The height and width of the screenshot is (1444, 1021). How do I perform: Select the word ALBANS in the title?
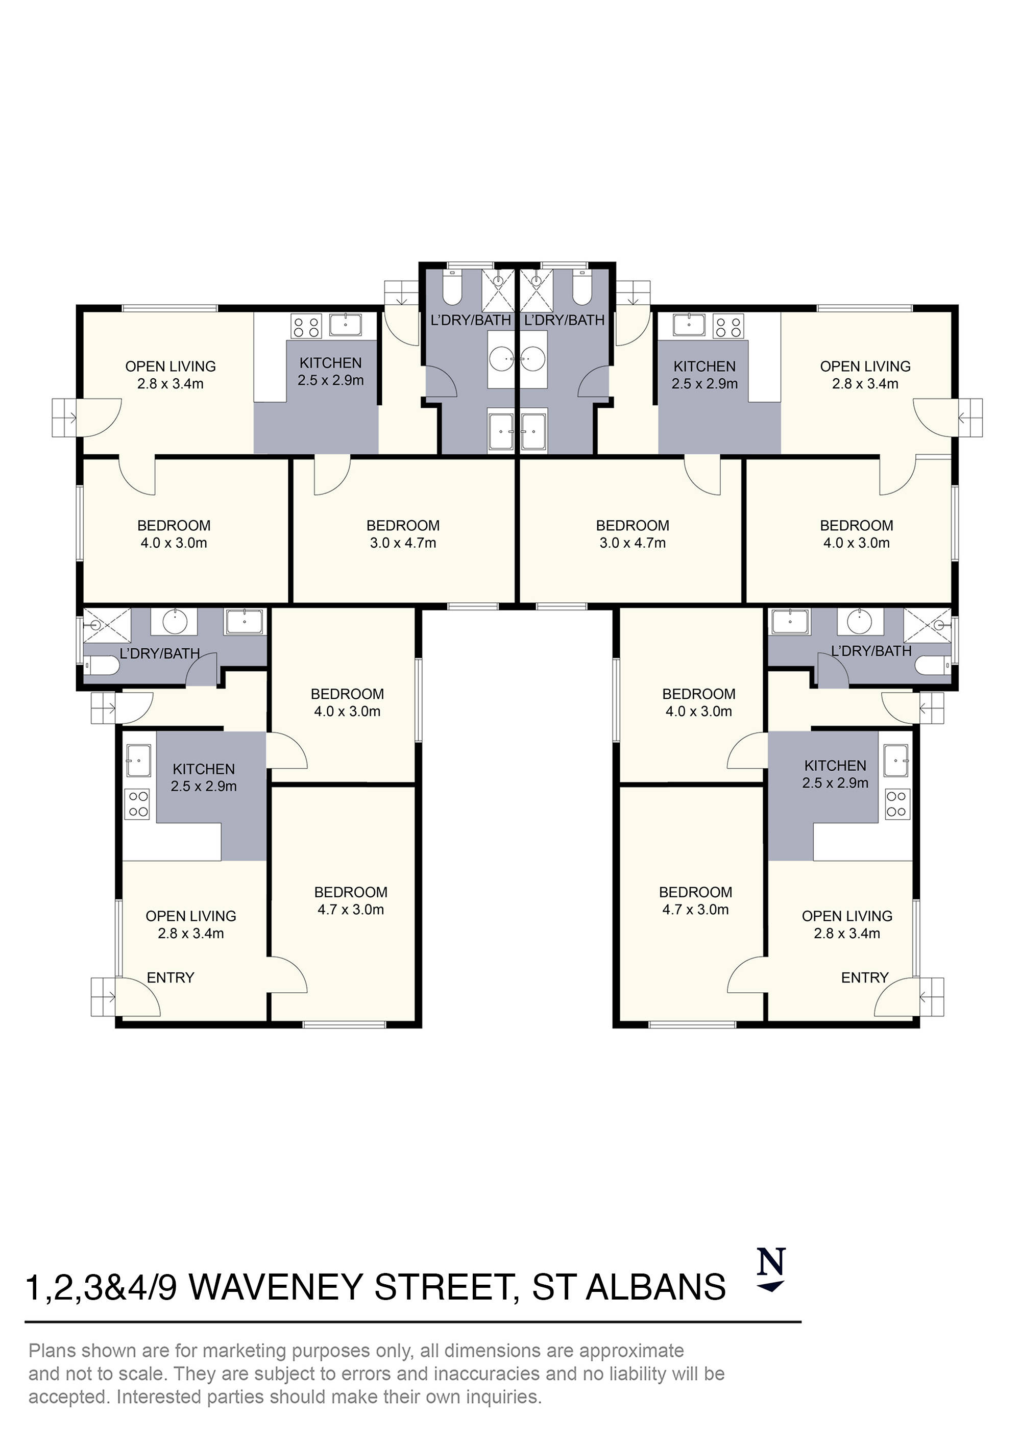pos(655,1287)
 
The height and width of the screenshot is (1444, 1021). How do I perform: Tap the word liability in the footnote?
pos(625,1374)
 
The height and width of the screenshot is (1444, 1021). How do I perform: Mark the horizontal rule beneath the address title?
pos(412,1321)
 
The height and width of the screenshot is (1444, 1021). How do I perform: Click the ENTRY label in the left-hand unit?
pos(171,977)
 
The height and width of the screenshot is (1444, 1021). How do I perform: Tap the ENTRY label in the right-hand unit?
pos(864,977)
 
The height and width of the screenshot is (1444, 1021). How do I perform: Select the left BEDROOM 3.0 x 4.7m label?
pos(403,534)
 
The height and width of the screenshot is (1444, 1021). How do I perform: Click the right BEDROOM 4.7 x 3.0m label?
pos(695,900)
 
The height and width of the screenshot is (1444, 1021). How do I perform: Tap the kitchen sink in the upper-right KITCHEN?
pos(690,325)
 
